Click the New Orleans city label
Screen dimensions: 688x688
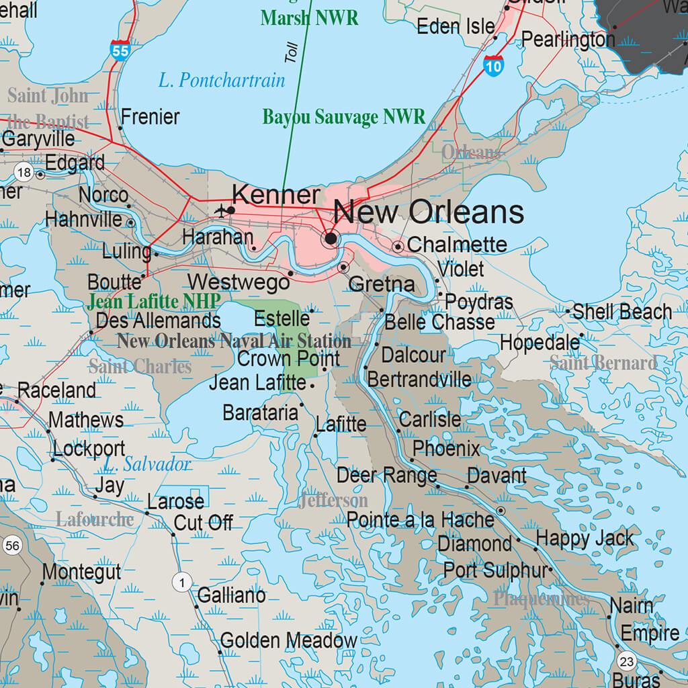tap(429, 212)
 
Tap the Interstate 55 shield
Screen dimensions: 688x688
tap(120, 50)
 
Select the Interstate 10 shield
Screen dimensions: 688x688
tap(492, 65)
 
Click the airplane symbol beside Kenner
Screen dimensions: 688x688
tap(220, 211)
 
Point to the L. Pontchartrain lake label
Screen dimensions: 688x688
tap(222, 81)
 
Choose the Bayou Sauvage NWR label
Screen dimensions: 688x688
tap(343, 117)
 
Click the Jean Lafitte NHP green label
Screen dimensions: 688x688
tap(154, 302)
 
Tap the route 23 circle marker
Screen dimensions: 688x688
tap(627, 661)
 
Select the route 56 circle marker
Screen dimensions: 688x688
tap(12, 545)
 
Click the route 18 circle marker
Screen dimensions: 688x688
tap(24, 173)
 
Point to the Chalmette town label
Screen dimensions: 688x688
tap(457, 245)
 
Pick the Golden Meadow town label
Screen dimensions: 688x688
tap(289, 640)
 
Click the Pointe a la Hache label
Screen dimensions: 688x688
tap(421, 520)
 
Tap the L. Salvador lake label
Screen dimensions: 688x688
tap(147, 464)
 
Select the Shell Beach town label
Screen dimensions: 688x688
tap(621, 312)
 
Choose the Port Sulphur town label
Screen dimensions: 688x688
tap(494, 570)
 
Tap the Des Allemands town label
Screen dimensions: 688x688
tap(159, 320)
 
